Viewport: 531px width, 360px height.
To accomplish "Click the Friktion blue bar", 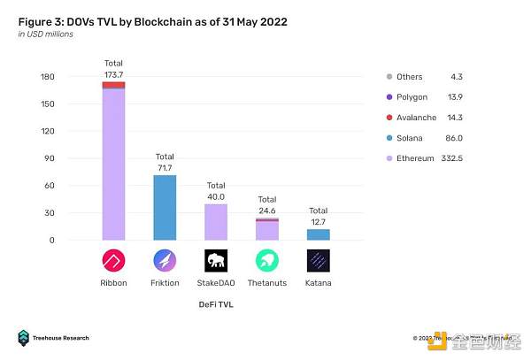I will tap(165, 207).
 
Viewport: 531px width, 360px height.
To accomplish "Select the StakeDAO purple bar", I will tap(216, 221).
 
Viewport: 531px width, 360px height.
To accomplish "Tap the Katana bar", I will tap(319, 234).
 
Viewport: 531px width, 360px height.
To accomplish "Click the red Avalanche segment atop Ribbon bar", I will tap(113, 85).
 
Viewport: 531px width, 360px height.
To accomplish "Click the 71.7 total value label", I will tap(165, 166).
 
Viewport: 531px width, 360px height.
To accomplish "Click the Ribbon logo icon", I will tap(113, 261).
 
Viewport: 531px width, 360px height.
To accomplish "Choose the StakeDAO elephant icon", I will tap(216, 261).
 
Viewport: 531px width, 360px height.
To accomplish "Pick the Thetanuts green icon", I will tap(267, 261).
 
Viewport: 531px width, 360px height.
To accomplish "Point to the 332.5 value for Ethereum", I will tap(478, 158).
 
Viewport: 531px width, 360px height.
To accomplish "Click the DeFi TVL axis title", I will tap(216, 305).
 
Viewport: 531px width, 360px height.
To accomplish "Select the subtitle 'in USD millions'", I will tap(46, 34).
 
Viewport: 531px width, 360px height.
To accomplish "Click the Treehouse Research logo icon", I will tap(23, 338).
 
